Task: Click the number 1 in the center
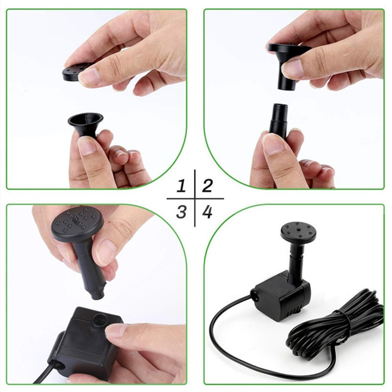point(182,186)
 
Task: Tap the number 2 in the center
point(207,186)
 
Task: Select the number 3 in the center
point(182,212)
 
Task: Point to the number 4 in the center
point(207,212)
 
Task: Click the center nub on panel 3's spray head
point(74,220)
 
